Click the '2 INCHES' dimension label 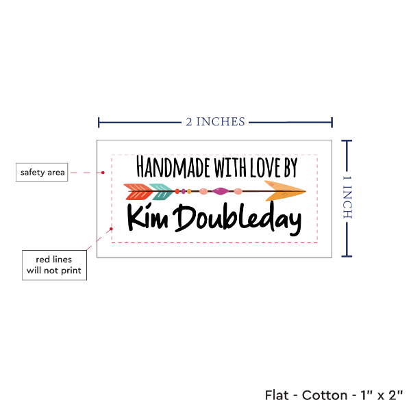(x=215, y=122)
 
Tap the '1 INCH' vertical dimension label (x=347, y=197)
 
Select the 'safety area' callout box (x=42, y=173)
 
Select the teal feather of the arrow (x=162, y=192)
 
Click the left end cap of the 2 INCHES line (x=99, y=123)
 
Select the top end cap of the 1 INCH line (x=347, y=141)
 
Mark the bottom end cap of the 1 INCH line (x=347, y=256)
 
